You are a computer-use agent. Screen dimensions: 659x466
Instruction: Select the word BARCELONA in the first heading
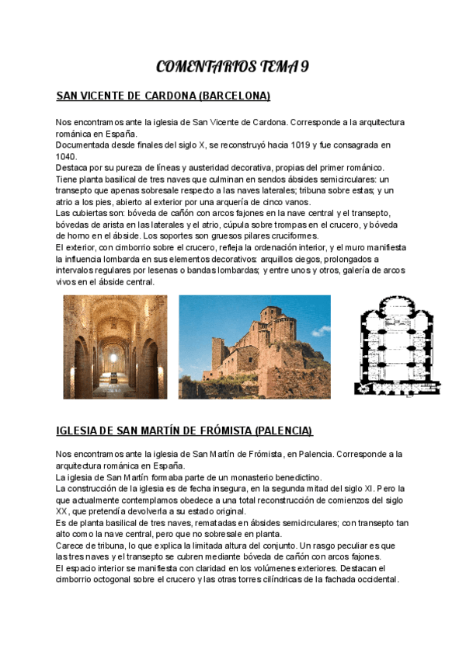(x=234, y=96)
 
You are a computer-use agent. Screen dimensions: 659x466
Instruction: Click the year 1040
(x=66, y=156)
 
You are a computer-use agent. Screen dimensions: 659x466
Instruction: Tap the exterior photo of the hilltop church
(x=254, y=346)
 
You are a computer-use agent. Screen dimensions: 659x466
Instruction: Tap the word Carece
(x=70, y=545)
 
